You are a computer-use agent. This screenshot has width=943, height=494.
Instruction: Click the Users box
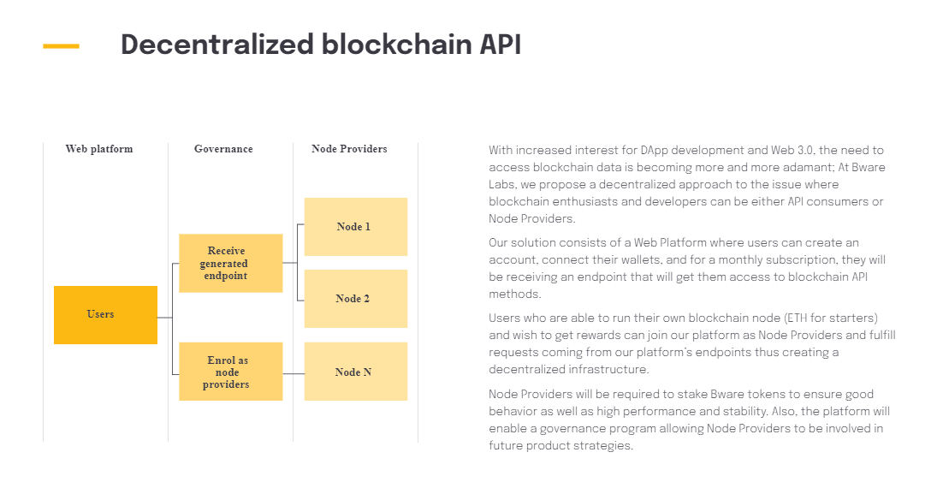click(x=105, y=315)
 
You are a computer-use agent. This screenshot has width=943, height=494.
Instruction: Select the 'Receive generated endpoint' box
click(x=230, y=264)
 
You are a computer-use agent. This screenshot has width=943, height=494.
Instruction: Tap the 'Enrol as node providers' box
click(x=230, y=372)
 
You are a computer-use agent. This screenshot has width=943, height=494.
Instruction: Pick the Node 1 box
click(x=355, y=227)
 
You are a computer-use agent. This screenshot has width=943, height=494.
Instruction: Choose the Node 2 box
click(x=355, y=299)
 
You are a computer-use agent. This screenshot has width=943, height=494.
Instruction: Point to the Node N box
click(x=355, y=372)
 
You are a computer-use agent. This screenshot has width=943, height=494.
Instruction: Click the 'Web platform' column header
click(x=99, y=149)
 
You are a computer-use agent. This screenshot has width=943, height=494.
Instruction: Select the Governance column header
click(x=223, y=149)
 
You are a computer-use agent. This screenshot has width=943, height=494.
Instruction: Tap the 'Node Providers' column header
click(x=349, y=149)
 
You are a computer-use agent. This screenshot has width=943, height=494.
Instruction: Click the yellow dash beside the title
click(x=61, y=46)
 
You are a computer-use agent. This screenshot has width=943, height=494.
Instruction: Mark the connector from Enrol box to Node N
click(x=294, y=374)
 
